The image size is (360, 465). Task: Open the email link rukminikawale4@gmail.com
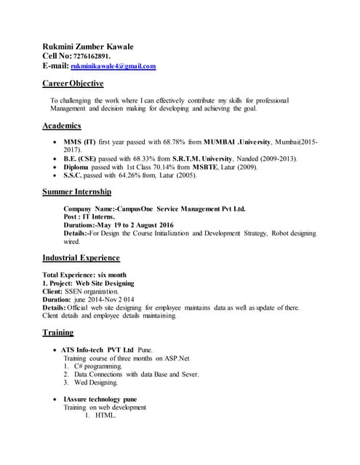click(x=118, y=66)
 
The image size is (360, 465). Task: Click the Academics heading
click(x=62, y=126)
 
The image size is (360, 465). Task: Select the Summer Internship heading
click(x=76, y=193)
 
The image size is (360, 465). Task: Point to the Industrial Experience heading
click(x=81, y=258)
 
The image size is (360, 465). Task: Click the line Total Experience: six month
click(x=85, y=275)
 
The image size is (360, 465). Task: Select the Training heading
click(x=57, y=333)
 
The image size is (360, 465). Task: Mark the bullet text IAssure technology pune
click(x=100, y=400)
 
